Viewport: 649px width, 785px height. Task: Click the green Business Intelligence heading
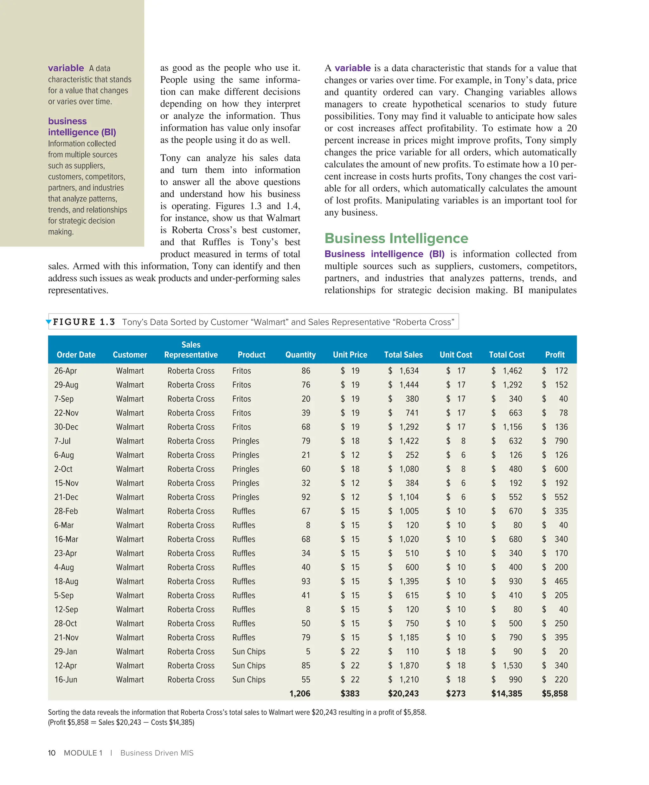click(396, 238)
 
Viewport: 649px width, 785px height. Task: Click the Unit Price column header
click(350, 354)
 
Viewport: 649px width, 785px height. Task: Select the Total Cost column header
click(506, 354)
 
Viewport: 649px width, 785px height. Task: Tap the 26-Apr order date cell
click(65, 370)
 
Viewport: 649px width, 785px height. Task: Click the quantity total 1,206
click(299, 693)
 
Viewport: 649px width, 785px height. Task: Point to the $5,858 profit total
click(554, 693)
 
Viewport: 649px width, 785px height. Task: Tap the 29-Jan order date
click(65, 651)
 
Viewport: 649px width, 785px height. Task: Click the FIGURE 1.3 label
click(84, 322)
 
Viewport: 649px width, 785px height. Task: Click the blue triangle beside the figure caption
click(48, 322)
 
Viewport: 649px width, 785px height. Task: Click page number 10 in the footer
click(52, 753)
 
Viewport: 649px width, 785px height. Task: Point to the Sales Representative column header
click(190, 350)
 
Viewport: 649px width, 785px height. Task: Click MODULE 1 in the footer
click(83, 753)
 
